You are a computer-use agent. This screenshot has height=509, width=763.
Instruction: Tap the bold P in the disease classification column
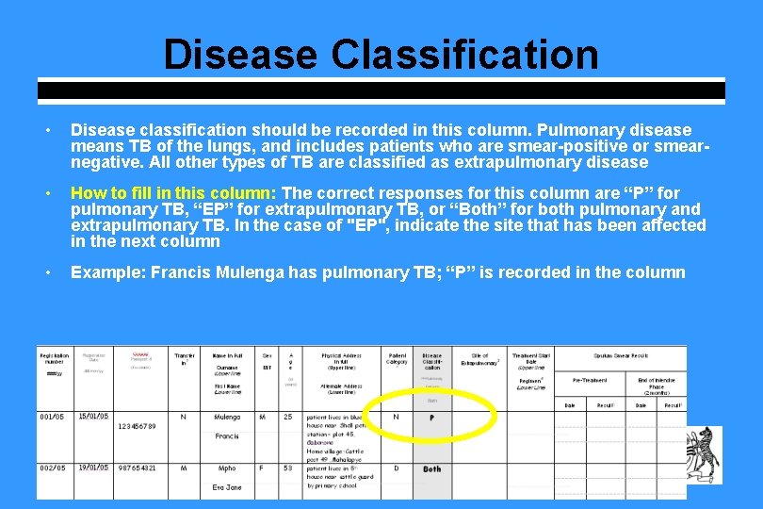tap(431, 418)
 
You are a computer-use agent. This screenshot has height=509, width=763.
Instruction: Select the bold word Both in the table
tap(431, 468)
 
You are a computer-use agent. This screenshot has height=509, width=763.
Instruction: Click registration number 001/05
tap(53, 416)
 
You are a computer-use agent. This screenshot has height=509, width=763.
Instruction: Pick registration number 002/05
tap(53, 468)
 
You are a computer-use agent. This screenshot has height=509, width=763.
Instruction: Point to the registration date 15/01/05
tap(93, 416)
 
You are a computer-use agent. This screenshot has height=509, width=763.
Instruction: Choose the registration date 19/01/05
tap(93, 468)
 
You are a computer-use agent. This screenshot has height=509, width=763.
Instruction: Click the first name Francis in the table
tap(226, 436)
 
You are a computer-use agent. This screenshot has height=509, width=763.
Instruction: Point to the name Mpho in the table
tap(226, 468)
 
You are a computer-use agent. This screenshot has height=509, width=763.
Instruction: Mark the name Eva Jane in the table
tap(226, 487)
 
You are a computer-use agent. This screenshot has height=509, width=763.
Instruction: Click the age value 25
tap(287, 417)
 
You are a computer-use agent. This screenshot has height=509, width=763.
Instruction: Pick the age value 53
tap(287, 468)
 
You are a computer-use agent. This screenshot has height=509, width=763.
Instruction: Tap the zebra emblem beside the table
tap(703, 456)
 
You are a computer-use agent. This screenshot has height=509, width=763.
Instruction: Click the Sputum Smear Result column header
tap(621, 355)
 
